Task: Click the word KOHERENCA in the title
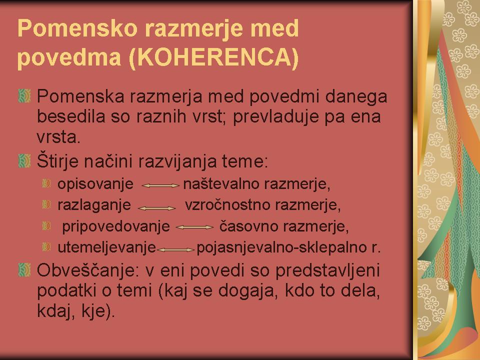coord(214,57)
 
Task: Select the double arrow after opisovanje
coord(160,185)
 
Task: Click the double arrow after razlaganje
coord(157,208)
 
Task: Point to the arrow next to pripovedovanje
coord(194,227)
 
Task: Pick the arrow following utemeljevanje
coord(175,250)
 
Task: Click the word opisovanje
coord(95,184)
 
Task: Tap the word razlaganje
coord(94,205)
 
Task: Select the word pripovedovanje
coord(116,226)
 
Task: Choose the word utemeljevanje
coord(107,247)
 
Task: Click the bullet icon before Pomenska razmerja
coord(24,96)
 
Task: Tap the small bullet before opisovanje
coord(46,183)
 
